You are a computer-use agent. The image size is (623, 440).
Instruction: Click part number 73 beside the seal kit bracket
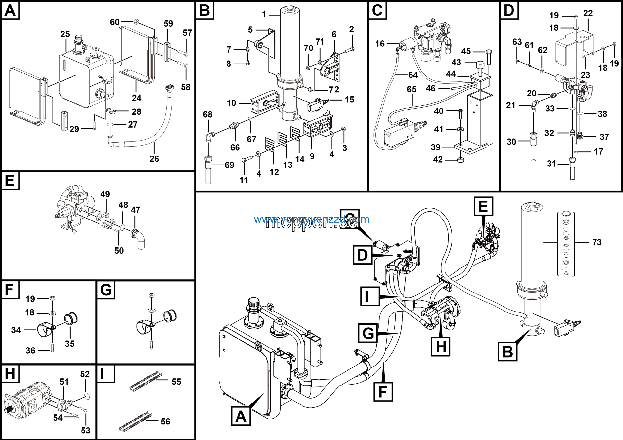pyautogui.click(x=597, y=242)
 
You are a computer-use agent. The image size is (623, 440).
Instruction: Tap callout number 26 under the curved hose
pyautogui.click(x=154, y=159)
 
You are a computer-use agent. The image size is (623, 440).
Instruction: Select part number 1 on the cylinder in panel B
pyautogui.click(x=264, y=14)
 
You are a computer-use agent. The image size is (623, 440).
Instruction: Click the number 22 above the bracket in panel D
pyautogui.click(x=588, y=13)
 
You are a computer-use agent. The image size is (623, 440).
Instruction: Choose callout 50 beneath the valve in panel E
pyautogui.click(x=119, y=250)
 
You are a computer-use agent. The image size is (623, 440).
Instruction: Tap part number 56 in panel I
pyautogui.click(x=165, y=421)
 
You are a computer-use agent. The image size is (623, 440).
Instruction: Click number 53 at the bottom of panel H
pyautogui.click(x=85, y=430)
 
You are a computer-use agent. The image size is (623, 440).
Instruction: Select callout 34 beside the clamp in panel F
pyautogui.click(x=16, y=330)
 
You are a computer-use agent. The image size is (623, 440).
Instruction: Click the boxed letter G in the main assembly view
pyautogui.click(x=368, y=333)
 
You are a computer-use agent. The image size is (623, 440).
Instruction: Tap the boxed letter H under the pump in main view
pyautogui.click(x=441, y=346)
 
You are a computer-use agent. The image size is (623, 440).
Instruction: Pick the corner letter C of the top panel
pyautogui.click(x=377, y=10)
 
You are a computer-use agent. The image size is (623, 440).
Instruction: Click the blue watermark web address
pyautogui.click(x=311, y=219)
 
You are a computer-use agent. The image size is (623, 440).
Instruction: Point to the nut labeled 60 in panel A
pyautogui.click(x=137, y=21)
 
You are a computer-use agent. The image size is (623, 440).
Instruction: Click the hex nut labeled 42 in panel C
pyautogui.click(x=460, y=160)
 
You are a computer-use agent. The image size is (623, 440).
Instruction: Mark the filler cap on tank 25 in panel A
pyautogui.click(x=79, y=39)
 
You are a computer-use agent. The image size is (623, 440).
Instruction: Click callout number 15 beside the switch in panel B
pyautogui.click(x=349, y=100)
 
